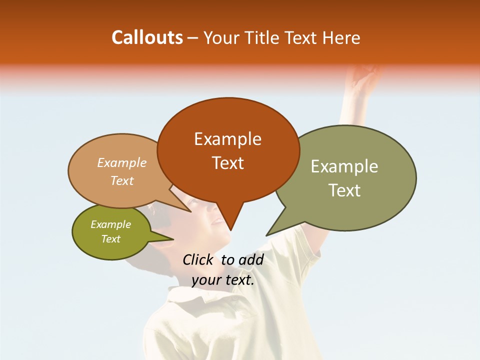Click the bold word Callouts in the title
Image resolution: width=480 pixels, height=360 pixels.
click(x=147, y=37)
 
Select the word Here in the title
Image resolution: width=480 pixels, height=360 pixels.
click(x=341, y=37)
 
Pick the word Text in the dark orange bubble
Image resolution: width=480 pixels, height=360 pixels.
click(x=227, y=163)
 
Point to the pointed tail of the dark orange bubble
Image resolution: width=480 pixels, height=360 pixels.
click(x=231, y=229)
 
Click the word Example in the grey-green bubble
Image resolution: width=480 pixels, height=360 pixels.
click(x=344, y=166)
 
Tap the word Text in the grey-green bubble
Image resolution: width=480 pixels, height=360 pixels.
click(x=344, y=190)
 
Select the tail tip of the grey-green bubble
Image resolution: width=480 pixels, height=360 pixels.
click(x=267, y=235)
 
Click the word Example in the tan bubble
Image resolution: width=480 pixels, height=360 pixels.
click(x=121, y=162)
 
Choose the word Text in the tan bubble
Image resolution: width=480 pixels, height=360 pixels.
click(x=121, y=180)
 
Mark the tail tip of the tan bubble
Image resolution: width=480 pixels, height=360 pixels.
click(x=191, y=212)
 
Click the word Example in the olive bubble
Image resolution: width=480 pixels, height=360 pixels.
click(x=110, y=224)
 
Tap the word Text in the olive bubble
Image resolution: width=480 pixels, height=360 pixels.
click(x=110, y=239)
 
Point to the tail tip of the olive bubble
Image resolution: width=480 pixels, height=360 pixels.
click(x=173, y=239)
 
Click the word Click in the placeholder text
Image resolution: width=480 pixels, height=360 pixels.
click(x=197, y=259)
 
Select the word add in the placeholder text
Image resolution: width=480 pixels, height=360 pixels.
click(x=251, y=259)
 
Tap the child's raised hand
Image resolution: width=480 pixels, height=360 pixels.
click(x=365, y=77)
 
